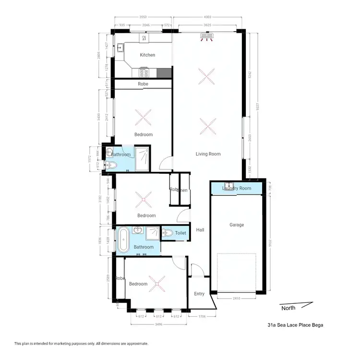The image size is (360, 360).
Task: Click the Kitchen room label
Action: pyautogui.click(x=147, y=55)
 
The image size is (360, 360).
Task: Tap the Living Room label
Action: pyautogui.click(x=208, y=154)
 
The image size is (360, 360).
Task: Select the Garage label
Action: pyautogui.click(x=237, y=225)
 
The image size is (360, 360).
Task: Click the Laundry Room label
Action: pyautogui.click(x=237, y=188)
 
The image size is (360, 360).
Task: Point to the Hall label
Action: pyautogui.click(x=200, y=230)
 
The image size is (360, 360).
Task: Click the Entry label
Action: pyautogui.click(x=199, y=294)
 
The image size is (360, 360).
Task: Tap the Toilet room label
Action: pyautogui.click(x=180, y=233)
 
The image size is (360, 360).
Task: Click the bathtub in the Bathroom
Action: pyautogui.click(x=123, y=240)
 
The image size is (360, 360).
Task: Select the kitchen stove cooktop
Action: pyautogui.click(x=144, y=72)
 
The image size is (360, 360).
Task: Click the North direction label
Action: pyautogui.click(x=288, y=308)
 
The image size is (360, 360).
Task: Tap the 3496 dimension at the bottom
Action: pyautogui.click(x=157, y=324)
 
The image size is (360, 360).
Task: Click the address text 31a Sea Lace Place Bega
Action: pyautogui.click(x=296, y=325)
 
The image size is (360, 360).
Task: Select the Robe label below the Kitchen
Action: pyautogui.click(x=143, y=84)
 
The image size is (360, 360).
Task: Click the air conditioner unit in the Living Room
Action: pyautogui.click(x=207, y=36)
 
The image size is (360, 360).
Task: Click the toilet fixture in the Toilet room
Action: pyautogui.click(x=168, y=233)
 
